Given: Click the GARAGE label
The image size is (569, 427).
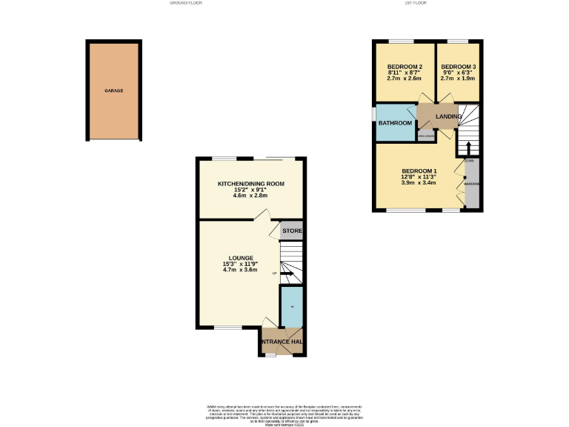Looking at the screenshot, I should coord(113,90).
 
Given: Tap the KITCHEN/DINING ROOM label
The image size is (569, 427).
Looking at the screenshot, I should coord(250,184).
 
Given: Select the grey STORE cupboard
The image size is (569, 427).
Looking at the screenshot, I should coord(292,231).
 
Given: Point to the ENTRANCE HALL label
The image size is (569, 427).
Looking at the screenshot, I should coord(282,342).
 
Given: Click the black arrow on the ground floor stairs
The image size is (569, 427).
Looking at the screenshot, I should coord(290,277).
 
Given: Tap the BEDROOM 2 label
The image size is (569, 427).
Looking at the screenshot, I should coord(405,67).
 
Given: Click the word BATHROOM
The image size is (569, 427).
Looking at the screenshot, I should coord(395,123).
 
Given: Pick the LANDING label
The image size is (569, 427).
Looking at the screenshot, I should coord(449,117).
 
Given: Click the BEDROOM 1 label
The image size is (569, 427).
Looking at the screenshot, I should coord(419,171).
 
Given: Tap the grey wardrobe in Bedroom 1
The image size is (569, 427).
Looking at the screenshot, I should coord(470,183).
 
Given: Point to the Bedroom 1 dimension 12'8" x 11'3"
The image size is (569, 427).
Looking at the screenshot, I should coord(419,177).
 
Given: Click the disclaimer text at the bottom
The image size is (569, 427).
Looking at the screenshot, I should coord(284,414).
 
